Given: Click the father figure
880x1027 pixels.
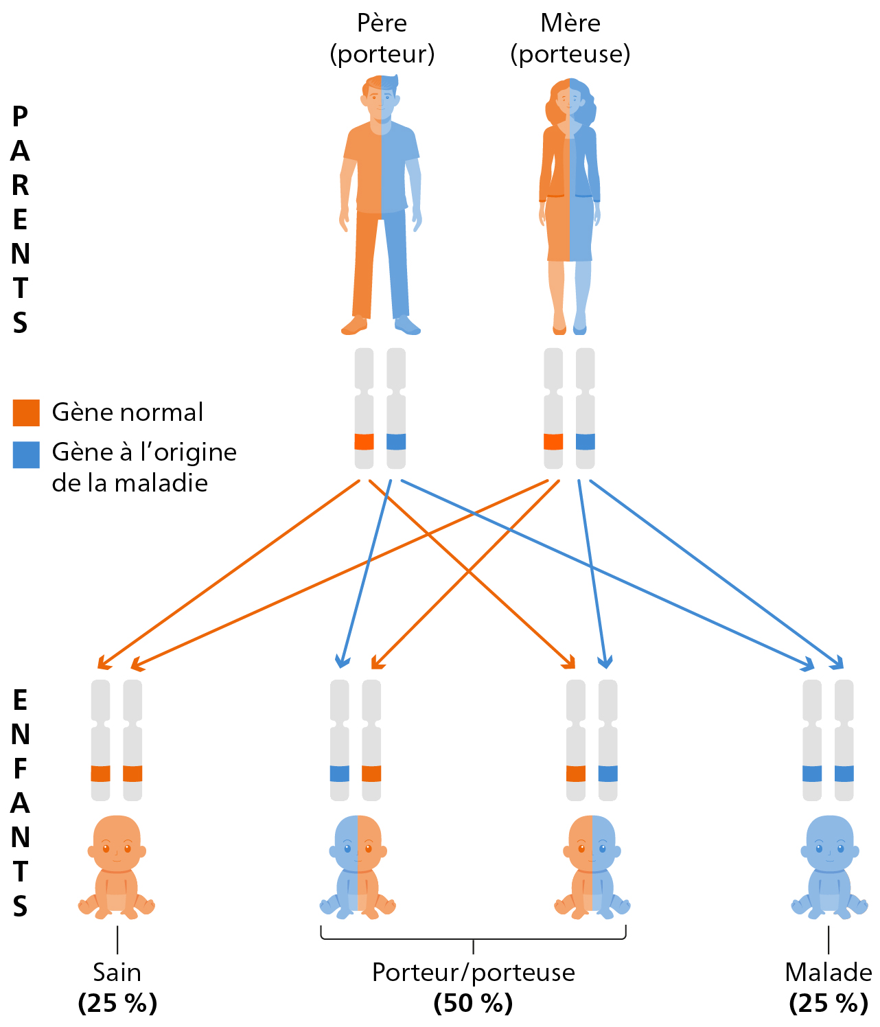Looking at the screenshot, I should click(x=381, y=206).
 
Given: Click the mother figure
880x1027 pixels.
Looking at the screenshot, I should click(x=569, y=206).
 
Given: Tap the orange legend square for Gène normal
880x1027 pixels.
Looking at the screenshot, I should click(x=26, y=413).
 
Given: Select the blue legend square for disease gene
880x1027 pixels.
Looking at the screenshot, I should click(x=26, y=454).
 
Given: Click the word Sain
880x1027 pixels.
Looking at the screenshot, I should click(x=117, y=972).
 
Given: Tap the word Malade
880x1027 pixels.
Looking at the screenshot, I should click(x=829, y=972).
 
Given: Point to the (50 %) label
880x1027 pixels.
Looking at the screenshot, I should click(x=473, y=1003).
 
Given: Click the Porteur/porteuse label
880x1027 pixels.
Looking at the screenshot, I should click(x=473, y=972).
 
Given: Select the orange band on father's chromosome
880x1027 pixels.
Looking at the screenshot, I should click(x=364, y=441).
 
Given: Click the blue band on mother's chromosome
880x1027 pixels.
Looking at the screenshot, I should click(x=586, y=441).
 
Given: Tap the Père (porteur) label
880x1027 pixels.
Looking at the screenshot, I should click(x=382, y=38).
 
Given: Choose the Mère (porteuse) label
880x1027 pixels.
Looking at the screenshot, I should click(x=570, y=38).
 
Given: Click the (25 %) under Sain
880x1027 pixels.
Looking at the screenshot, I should click(x=117, y=1003).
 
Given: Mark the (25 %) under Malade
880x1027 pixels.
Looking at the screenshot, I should click(x=829, y=1003).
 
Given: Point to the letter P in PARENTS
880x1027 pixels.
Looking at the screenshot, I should click(x=20, y=117).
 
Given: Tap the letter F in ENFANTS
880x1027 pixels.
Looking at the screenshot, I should click(x=20, y=769).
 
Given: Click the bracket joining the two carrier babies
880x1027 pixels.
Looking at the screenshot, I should click(x=473, y=938).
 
